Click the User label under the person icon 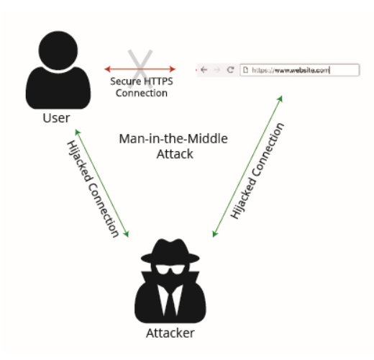click(x=56, y=118)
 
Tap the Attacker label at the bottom click(x=170, y=333)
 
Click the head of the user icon click(x=58, y=50)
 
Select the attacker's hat click(x=170, y=251)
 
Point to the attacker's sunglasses click(x=170, y=269)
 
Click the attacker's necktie click(x=170, y=300)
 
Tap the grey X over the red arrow click(x=140, y=68)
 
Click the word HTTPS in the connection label click(x=158, y=81)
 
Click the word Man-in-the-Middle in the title click(x=173, y=139)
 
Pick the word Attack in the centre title click(x=175, y=154)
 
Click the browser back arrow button click(x=204, y=70)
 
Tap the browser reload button click(x=230, y=70)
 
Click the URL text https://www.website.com click(x=291, y=71)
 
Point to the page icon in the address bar click(x=245, y=70)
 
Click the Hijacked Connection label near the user click(x=93, y=189)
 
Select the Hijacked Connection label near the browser click(x=257, y=171)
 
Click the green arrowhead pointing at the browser click(x=280, y=99)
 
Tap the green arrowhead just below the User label click(x=78, y=132)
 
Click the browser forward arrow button click(x=216, y=70)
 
